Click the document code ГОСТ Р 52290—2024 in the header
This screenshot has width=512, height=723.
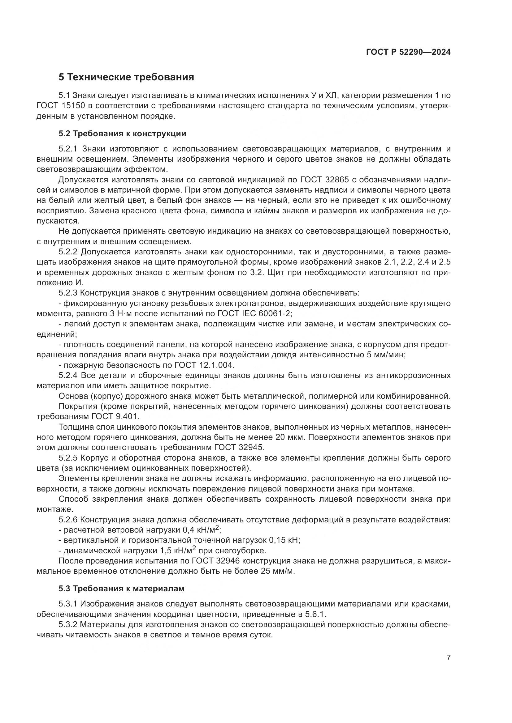pyautogui.click(x=408, y=52)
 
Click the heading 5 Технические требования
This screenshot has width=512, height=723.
pyautogui.click(x=126, y=77)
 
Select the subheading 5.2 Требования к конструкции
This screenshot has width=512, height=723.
pyautogui.click(x=122, y=134)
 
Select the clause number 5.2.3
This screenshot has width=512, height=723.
pyautogui.click(x=68, y=293)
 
